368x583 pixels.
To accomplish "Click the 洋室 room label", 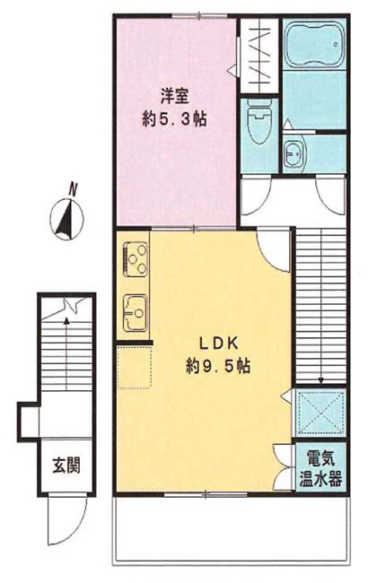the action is pos(175,96).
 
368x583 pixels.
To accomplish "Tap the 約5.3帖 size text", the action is pos(174,119).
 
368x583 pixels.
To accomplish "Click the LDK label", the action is pos(218,344).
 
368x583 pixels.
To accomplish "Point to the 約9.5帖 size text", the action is pos(218,367).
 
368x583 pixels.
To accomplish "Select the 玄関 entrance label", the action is pos(66,465).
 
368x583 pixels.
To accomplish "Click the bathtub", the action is pos(315,44).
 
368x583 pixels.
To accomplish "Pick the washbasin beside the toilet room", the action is pos(295,152).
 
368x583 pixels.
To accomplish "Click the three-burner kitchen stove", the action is pos(135,259).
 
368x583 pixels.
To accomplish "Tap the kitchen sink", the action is pos(136,313).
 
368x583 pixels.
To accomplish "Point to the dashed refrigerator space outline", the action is pos(135,368).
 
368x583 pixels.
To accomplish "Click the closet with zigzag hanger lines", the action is pos(259,57).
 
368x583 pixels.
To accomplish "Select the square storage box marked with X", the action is pos(320,413).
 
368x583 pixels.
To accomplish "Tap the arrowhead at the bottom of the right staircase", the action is pos(320,380).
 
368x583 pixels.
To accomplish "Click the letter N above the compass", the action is pos(73,190).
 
